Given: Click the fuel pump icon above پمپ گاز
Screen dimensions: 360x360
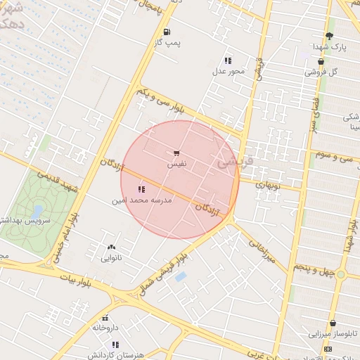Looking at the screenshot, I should pyautogui.click(x=167, y=32).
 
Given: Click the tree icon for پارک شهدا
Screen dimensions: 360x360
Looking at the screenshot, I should pyautogui.click(x=329, y=36).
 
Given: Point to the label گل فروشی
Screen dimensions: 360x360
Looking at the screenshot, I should pyautogui.click(x=321, y=72).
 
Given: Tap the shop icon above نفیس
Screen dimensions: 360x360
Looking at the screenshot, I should pyautogui.click(x=176, y=153).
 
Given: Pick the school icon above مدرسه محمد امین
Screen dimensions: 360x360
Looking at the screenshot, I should pyautogui.click(x=142, y=188).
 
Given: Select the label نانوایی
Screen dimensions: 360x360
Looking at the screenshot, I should pyautogui.click(x=111, y=257).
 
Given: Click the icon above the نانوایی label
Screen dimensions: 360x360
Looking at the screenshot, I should pyautogui.click(x=111, y=247).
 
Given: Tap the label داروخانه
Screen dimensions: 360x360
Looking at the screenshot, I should pyautogui.click(x=106, y=328).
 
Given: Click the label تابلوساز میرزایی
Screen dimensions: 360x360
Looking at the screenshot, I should pyautogui.click(x=330, y=333).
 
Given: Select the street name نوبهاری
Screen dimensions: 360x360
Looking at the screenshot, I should pyautogui.click(x=267, y=186).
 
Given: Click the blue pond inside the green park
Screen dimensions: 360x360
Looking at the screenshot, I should pyautogui.click(x=37, y=211).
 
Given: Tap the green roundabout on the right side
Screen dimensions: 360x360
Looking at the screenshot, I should pyautogui.click(x=341, y=274).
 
